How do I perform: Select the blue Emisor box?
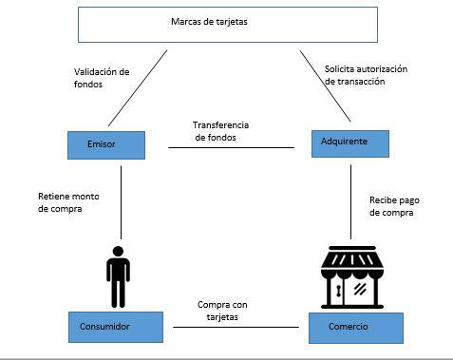[x=106, y=144]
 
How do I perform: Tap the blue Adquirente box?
[x=351, y=142]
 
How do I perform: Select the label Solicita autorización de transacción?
[x=366, y=75]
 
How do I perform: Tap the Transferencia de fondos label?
[x=221, y=130]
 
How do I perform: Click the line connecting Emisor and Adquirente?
[x=231, y=147]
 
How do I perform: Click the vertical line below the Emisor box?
[x=122, y=199]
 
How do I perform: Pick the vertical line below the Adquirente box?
[x=351, y=199]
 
